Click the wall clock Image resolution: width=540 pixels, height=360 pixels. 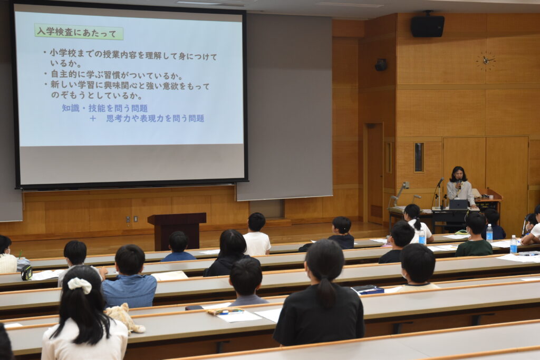tap(486, 61)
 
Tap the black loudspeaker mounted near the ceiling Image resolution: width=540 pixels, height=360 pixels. tap(427, 26)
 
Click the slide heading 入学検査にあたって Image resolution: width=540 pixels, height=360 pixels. tap(79, 32)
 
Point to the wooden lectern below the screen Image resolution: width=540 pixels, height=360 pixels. tap(177, 230)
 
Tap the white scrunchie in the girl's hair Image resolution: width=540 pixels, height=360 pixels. tap(80, 285)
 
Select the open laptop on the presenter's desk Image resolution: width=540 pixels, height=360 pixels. tap(458, 205)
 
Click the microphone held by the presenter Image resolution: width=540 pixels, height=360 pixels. tap(459, 183)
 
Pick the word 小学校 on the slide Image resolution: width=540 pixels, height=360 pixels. tap(63, 54)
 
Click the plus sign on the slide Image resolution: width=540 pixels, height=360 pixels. tap(93, 119)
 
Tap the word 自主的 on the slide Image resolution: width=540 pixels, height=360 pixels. tap(64, 75)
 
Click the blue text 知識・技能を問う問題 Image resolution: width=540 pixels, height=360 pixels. tap(105, 109)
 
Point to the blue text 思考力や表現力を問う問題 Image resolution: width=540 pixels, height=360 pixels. tap(156, 119)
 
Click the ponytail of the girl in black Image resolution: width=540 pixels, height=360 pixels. tap(325, 292)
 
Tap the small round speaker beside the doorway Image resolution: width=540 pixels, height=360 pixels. tap(381, 65)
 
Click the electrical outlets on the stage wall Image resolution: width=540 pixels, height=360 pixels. tap(132, 219)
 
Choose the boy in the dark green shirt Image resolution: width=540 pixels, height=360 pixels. tap(474, 235)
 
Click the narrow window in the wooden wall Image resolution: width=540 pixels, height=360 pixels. tap(419, 157)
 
